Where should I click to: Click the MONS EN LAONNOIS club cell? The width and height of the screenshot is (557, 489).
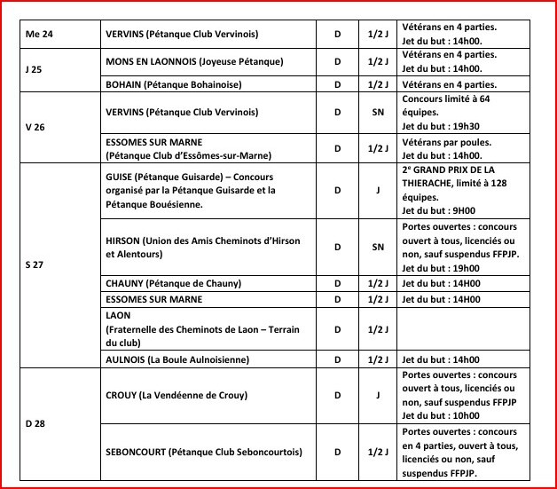tap(193, 60)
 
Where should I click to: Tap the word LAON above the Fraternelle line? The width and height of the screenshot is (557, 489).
tap(118, 316)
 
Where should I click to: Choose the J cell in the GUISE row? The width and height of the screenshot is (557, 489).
tap(378, 189)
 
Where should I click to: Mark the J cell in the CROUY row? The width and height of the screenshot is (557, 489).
tap(378, 395)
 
